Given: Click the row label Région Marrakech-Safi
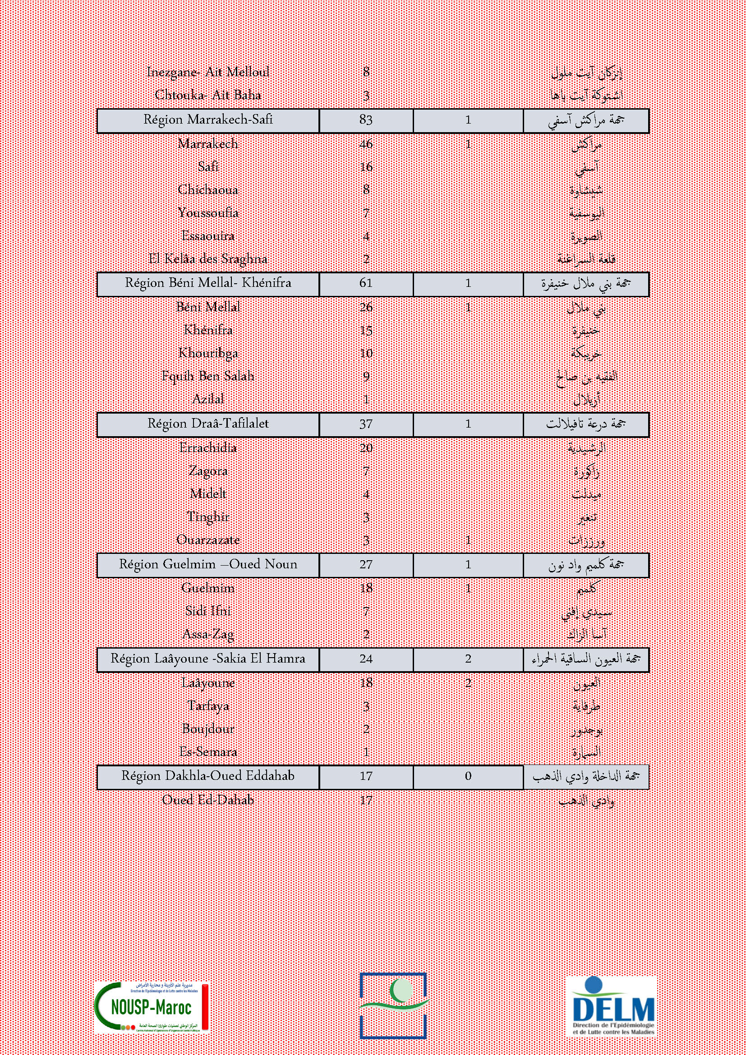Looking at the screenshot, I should coord(208,120).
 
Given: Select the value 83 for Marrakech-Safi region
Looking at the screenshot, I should coord(366,120).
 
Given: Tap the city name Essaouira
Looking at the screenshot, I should coord(208,236).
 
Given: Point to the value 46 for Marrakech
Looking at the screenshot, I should coord(366,144).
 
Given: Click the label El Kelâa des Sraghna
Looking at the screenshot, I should coord(208,259).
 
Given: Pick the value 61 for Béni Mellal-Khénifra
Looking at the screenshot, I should coord(366,283).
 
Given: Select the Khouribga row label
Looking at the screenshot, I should coord(208,353).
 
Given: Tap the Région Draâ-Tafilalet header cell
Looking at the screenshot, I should coord(208,424).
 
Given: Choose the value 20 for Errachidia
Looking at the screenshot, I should coord(366,448).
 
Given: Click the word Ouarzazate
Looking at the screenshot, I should coord(208,540).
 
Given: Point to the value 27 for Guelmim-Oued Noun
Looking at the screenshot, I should coord(366,564).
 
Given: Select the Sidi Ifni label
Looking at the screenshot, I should coord(208,611).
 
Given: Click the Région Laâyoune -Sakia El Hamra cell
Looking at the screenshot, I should coord(208,659).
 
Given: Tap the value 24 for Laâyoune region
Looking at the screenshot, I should coord(366,659).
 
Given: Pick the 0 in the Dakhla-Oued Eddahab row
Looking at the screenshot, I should coord(468,776).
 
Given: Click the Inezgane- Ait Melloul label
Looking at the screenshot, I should coord(208,72).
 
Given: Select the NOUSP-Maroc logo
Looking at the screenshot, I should coord(152,1008).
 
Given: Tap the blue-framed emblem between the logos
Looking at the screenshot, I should coord(393,1005).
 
